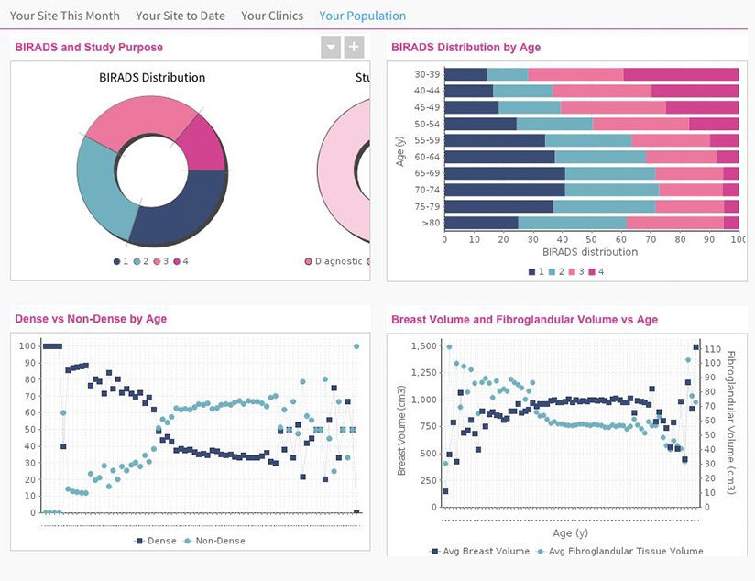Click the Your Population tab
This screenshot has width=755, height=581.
[362, 16]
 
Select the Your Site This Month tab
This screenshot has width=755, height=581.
[65, 16]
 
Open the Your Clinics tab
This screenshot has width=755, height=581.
[273, 16]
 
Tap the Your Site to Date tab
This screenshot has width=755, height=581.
[181, 16]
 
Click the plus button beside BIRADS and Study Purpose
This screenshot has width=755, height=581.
[354, 48]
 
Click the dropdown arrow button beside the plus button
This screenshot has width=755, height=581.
[331, 48]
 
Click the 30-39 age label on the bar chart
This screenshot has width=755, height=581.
[427, 74]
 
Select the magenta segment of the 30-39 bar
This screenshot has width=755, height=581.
[681, 74]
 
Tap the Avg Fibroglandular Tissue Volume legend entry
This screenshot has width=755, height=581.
[618, 551]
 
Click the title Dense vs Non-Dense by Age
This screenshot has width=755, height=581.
[91, 319]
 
